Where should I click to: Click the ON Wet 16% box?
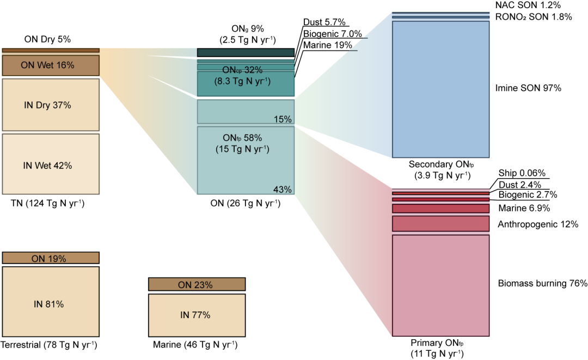51,65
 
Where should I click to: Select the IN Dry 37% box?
51,105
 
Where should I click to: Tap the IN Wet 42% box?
51,164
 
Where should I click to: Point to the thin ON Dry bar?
51,50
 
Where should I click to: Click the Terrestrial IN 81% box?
51,303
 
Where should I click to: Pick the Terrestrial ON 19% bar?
51,258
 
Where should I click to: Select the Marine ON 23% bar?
197,284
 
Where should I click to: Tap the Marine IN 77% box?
197,314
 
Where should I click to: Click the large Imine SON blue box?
440,89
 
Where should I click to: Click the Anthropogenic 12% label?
538,224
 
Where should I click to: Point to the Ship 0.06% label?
522,173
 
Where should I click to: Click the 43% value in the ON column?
283,190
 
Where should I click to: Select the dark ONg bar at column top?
246,53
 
